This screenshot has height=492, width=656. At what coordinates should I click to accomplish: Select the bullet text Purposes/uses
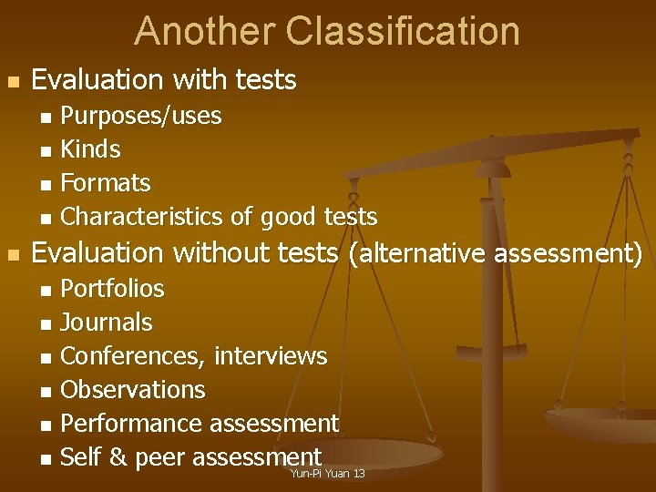coord(140,116)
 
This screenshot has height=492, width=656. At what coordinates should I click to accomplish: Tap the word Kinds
coord(90,149)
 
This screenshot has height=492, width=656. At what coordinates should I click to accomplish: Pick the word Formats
coord(105,183)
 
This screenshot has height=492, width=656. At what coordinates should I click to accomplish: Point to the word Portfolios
coord(112,289)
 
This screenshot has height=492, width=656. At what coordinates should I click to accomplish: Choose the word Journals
coord(106,323)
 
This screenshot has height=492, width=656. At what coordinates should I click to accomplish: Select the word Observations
coord(132,390)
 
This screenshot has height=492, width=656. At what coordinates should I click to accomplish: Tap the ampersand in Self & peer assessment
coord(118,457)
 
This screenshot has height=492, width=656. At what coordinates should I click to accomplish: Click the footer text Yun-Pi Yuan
coord(319,474)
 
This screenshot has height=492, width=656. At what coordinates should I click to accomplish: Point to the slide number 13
coord(358,474)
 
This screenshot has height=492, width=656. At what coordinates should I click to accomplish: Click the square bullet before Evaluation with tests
coord(12,82)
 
